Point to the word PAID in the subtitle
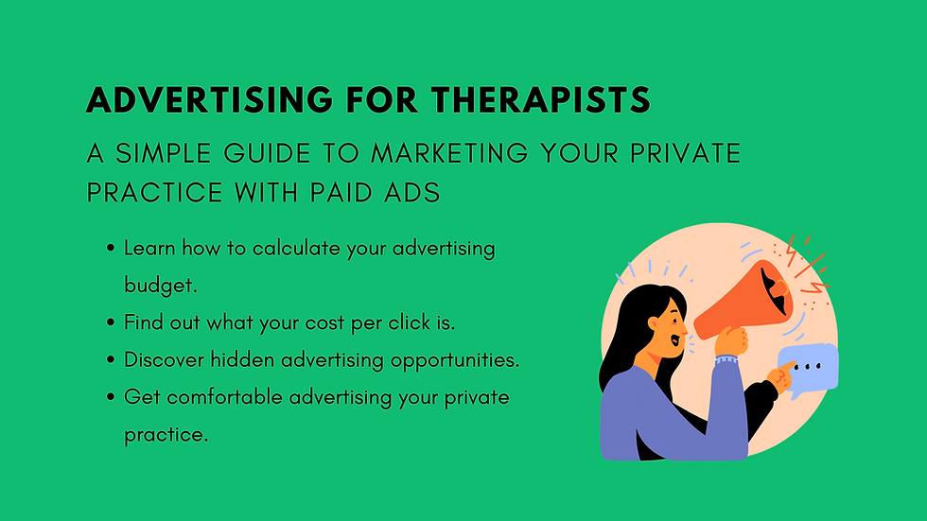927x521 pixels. coord(354,192)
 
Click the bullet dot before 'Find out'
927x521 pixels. coord(113,322)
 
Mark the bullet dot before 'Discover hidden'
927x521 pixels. coord(113,360)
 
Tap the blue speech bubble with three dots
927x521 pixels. coord(809,366)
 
